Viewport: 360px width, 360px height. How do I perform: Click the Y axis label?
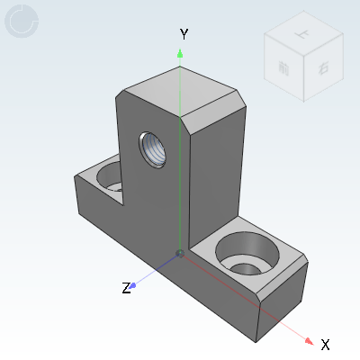tap(184, 33)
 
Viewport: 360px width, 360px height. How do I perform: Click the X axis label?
tap(326, 344)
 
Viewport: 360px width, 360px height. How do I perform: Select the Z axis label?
tap(127, 289)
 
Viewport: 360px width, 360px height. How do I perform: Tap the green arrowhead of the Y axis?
tap(180, 53)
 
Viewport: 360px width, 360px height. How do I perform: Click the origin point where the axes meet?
tap(180, 254)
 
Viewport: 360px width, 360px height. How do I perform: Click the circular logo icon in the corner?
tap(22, 22)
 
